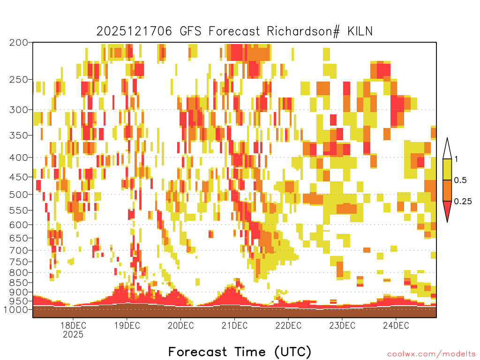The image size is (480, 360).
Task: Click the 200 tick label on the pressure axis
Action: point(18,43)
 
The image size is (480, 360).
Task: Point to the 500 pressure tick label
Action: point(18,195)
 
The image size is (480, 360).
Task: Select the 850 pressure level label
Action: point(18,283)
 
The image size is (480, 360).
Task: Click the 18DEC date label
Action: point(73,325)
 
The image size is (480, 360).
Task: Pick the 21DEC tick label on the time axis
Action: point(234,325)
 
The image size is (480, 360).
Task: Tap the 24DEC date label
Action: point(396,325)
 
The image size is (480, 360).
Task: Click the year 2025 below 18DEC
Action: point(73,335)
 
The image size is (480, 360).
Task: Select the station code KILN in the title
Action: point(360,31)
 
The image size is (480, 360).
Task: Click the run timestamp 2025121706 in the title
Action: point(134,31)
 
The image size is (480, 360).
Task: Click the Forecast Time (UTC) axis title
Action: point(240,352)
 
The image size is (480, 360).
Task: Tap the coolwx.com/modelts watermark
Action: point(432,354)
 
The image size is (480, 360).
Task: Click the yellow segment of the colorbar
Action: point(447,169)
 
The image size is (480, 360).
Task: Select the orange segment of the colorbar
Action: point(447,190)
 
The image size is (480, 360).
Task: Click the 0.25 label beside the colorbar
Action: point(463,202)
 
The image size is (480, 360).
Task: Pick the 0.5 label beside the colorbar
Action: point(460,180)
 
